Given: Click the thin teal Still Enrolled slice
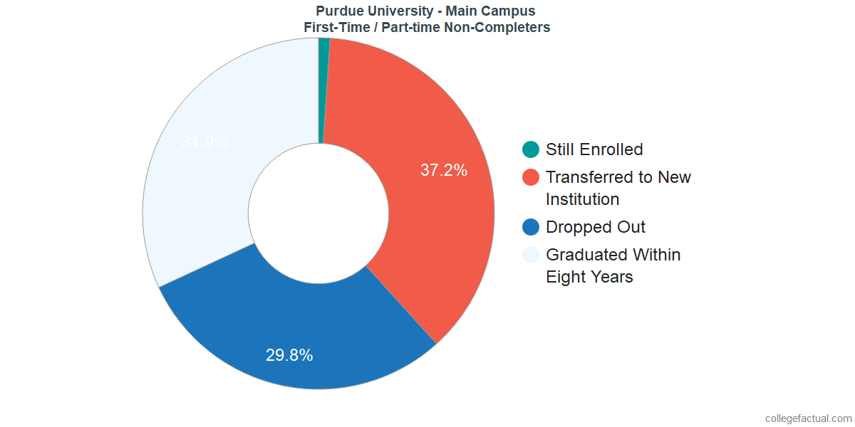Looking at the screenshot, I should click(x=323, y=85).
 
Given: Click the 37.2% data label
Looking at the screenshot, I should click(x=443, y=170).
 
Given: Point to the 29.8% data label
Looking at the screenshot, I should click(x=289, y=355).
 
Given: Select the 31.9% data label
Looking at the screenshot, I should click(x=204, y=142).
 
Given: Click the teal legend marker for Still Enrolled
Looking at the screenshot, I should click(x=531, y=149).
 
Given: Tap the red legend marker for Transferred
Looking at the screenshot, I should click(x=531, y=177).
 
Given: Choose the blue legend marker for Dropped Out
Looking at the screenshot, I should click(x=531, y=227).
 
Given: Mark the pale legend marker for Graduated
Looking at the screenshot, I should click(x=531, y=255).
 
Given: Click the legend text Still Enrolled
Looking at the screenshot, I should click(x=594, y=149).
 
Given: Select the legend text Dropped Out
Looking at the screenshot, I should click(x=596, y=227).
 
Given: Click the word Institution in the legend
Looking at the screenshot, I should click(x=582, y=199).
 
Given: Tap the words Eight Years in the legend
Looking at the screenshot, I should click(x=589, y=277).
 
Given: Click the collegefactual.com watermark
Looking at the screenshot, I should click(x=808, y=418).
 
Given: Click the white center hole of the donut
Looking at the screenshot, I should click(x=318, y=213).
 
